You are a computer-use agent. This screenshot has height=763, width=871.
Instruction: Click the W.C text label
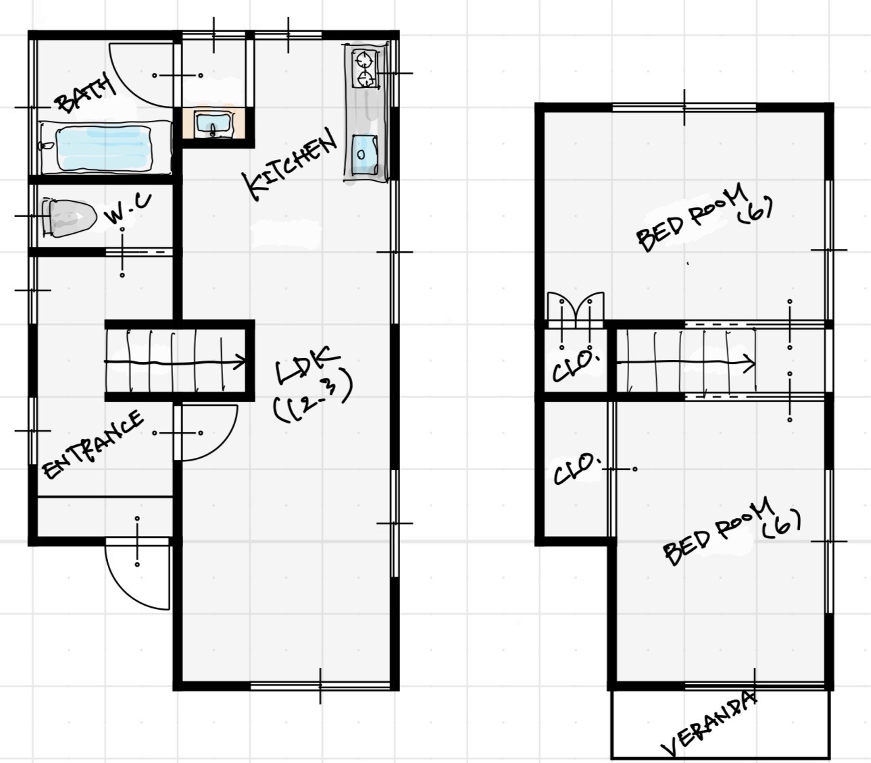point(128,209)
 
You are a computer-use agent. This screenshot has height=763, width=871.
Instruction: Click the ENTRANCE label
point(93,444)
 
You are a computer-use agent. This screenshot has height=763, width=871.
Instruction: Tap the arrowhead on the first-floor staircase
point(241,362)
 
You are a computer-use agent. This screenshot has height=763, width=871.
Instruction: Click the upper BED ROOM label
point(705,218)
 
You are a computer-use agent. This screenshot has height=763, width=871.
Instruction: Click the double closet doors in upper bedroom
point(576,307)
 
